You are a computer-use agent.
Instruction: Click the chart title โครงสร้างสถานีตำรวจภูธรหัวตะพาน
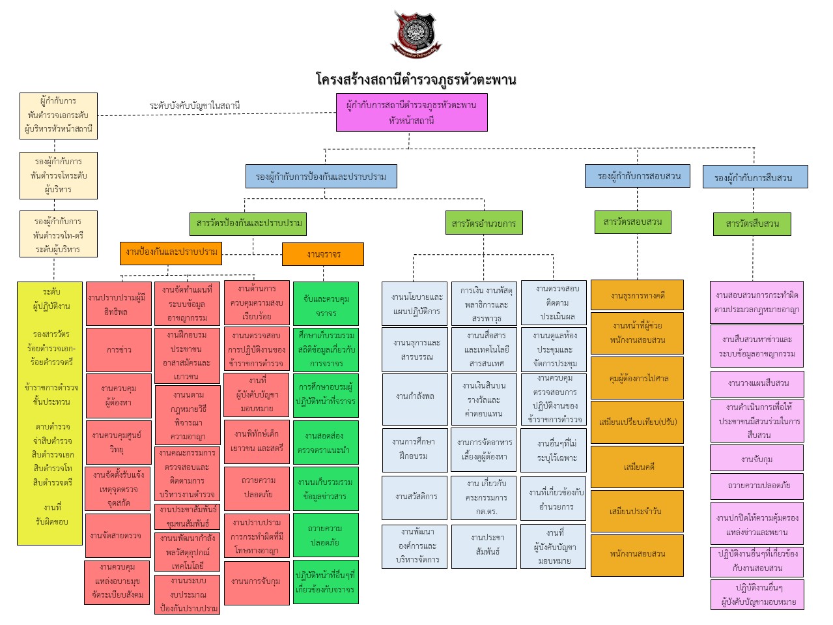pos(416,80)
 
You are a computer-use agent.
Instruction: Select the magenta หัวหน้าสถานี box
pos(412,112)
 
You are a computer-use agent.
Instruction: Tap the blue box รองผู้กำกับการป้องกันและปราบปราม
pos(321,176)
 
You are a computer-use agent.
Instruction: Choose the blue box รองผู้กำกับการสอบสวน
pos(638,176)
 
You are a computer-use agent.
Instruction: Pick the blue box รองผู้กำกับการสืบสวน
pos(755,177)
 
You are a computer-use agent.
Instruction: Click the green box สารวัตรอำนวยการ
pos(483,223)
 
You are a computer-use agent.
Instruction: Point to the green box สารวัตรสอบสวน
pos(632,222)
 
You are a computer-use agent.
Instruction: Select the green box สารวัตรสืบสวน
pos(752,224)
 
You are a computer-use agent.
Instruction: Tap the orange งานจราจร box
pos(322,254)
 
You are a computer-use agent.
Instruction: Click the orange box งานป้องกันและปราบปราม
pos(171,252)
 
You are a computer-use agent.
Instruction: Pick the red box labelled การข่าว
pos(119,349)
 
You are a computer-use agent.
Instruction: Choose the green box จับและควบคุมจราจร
pos(326,306)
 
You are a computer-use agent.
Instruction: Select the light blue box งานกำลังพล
pos(415,396)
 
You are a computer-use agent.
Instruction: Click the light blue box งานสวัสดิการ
pos(416,497)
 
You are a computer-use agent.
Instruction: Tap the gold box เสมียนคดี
pos(637,467)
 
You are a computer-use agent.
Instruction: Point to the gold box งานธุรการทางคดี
pos(637,295)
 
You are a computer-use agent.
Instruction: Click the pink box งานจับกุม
pos(756,459)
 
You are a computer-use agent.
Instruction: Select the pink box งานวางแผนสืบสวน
pos(757,383)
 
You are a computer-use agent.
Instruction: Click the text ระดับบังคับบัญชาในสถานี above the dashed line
pos(195,105)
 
